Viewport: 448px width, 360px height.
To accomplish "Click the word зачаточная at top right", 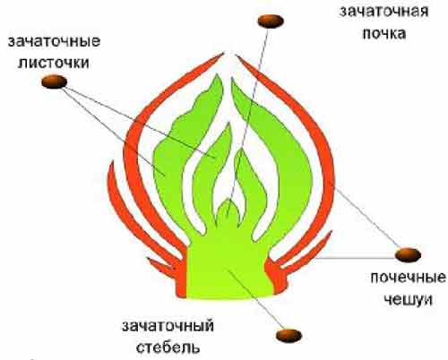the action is pyautogui.click(x=383, y=12).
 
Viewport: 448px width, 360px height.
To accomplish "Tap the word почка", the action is pyautogui.click(x=384, y=33).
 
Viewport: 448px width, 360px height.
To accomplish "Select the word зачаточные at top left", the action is pyautogui.click(x=54, y=41).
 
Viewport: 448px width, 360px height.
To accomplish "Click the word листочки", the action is pyautogui.click(x=54, y=63).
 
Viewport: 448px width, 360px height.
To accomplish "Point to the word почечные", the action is pyautogui.click(x=408, y=278).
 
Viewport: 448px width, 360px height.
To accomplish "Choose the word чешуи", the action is pyautogui.click(x=408, y=299).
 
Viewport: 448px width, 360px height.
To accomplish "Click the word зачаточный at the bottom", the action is pyautogui.click(x=168, y=326).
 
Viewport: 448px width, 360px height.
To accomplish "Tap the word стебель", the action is pyautogui.click(x=168, y=347).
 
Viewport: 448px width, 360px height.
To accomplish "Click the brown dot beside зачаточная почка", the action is pyautogui.click(x=271, y=21).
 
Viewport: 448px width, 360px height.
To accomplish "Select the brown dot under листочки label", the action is pyautogui.click(x=54, y=81).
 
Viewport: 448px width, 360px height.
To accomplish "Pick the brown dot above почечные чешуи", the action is pyautogui.click(x=408, y=254).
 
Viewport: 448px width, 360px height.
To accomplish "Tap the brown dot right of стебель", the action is pyautogui.click(x=289, y=336).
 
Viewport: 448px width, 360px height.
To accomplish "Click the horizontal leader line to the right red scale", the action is pyautogui.click(x=356, y=258).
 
